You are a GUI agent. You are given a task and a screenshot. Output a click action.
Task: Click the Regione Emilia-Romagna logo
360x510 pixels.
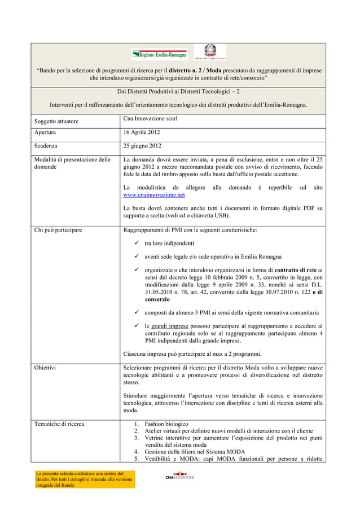point(160,54)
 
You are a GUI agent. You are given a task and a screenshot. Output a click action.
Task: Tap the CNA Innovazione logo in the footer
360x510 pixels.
point(179,476)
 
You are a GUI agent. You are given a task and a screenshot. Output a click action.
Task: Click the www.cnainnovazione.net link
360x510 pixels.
point(154,195)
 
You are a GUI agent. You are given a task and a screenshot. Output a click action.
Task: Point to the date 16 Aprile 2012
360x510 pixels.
point(142,133)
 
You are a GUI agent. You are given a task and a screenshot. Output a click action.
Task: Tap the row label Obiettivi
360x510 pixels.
point(46,368)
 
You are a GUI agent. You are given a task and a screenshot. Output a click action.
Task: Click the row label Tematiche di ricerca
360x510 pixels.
point(59,424)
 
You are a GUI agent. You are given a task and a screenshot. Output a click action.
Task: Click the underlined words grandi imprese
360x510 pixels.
point(166,326)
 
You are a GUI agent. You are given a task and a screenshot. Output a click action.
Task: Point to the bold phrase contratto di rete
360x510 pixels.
point(295,270)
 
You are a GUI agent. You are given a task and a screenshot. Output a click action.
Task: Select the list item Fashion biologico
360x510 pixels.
point(166,424)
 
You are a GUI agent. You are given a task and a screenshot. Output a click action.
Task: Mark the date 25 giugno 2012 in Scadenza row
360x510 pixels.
point(142,146)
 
